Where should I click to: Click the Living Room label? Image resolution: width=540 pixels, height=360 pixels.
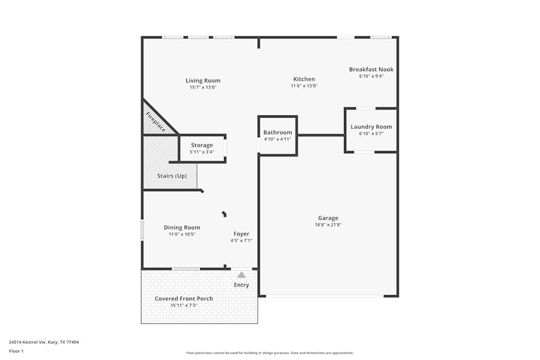(203, 80)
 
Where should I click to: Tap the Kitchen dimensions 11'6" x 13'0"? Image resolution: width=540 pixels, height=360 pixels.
(304, 86)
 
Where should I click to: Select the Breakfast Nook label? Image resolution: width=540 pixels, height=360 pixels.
(371, 69)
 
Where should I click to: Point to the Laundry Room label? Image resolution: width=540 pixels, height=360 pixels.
(371, 127)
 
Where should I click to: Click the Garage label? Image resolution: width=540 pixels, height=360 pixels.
(328, 218)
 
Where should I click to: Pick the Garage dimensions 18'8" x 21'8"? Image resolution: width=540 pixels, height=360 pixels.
(328, 225)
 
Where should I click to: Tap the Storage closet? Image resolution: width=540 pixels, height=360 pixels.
(201, 148)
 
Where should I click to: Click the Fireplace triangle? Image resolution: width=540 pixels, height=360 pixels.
(154, 123)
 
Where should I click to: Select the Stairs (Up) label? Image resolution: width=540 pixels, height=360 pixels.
(172, 176)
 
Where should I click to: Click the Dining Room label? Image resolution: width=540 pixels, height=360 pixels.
(182, 227)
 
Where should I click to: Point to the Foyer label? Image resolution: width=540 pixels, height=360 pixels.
(241, 234)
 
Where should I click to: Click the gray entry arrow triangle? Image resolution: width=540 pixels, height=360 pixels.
(241, 275)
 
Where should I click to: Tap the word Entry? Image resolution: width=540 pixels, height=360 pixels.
(241, 285)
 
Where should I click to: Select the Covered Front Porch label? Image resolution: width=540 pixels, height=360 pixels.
(184, 298)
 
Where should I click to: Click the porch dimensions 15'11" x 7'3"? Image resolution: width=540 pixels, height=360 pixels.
(184, 305)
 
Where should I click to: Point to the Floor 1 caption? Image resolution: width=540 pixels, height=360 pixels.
(16, 351)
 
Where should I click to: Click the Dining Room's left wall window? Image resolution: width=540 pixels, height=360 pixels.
(143, 229)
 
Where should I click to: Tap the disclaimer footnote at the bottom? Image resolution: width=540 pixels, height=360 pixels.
(269, 352)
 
